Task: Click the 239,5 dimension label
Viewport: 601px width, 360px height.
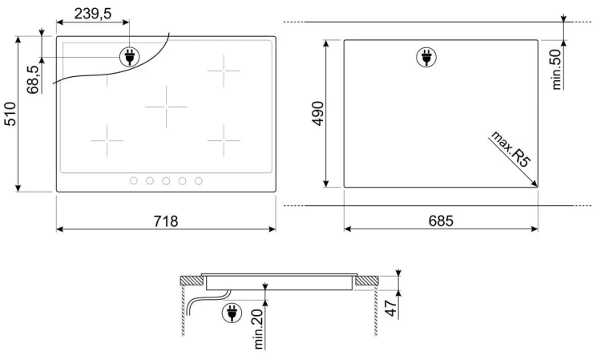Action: click(x=93, y=14)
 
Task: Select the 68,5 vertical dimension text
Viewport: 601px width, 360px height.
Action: click(x=33, y=79)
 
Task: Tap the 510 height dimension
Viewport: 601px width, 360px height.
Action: click(x=10, y=114)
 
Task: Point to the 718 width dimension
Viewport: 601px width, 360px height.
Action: click(x=166, y=221)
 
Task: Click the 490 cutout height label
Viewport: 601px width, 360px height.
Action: click(x=318, y=114)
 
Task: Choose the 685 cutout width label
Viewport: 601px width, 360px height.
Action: click(x=441, y=220)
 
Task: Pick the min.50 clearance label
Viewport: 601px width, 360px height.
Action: click(x=557, y=70)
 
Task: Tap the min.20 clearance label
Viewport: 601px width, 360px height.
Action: click(x=259, y=329)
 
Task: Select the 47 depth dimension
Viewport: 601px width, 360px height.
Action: click(x=391, y=309)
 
